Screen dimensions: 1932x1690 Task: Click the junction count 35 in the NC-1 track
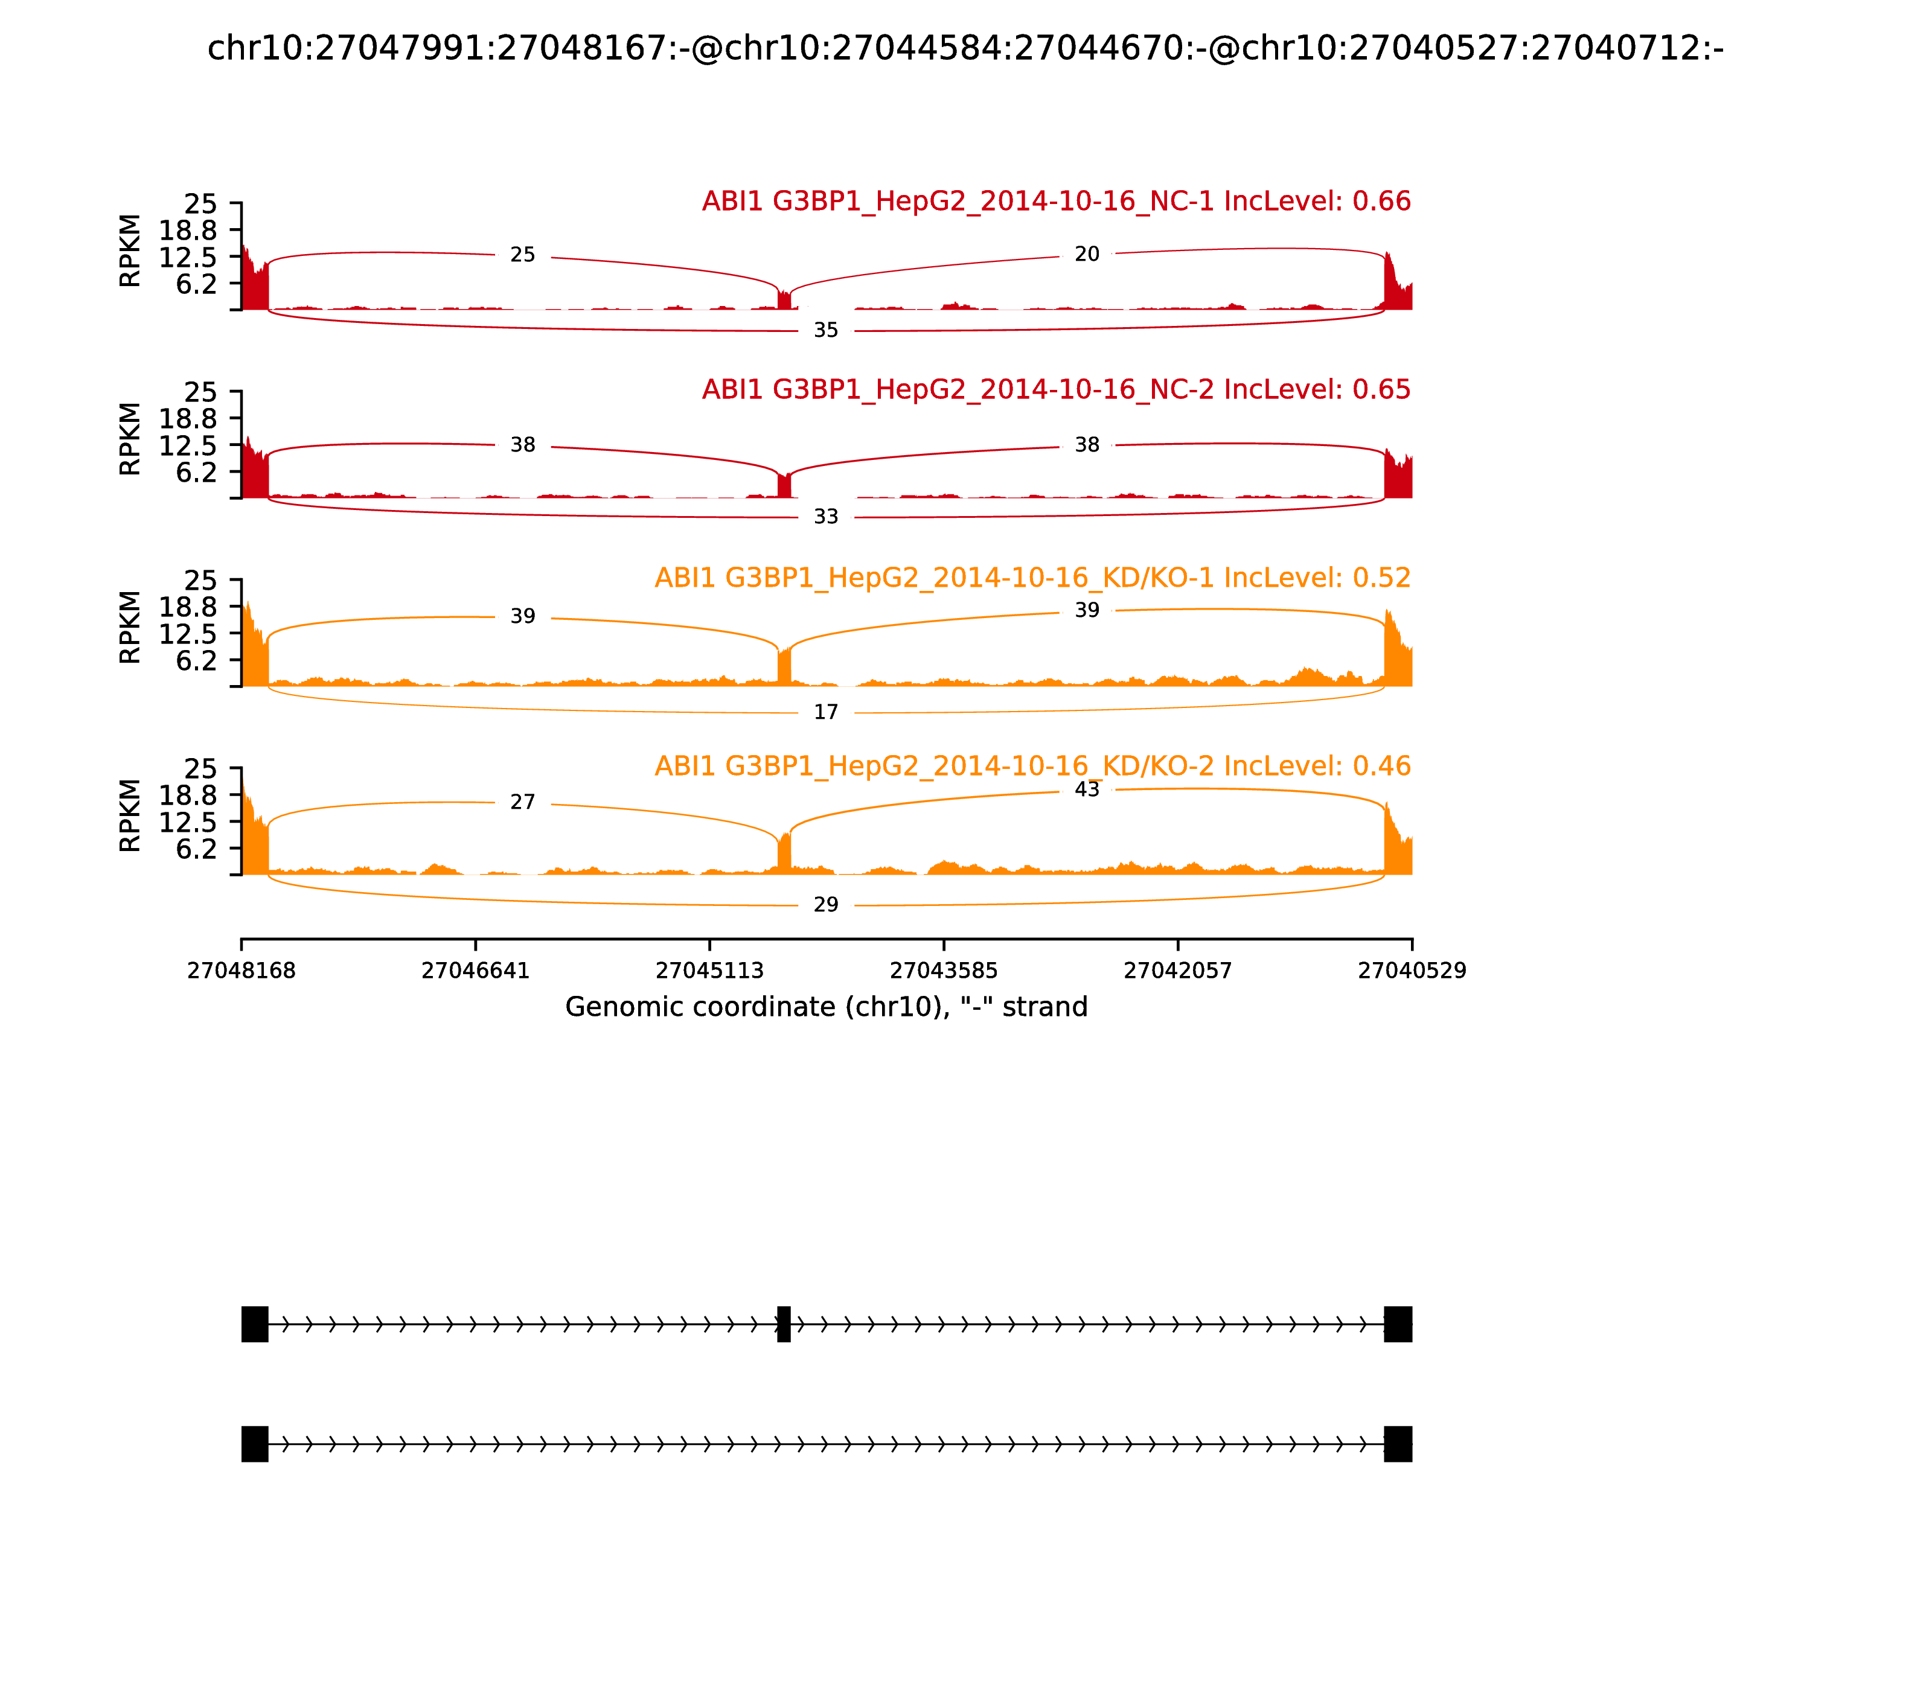(x=825, y=330)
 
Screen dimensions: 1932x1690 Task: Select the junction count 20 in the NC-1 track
(x=1087, y=253)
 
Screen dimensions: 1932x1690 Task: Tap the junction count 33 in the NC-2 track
(x=825, y=517)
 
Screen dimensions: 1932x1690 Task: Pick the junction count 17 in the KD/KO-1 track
(x=825, y=712)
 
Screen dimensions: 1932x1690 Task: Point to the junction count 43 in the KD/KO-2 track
(x=1087, y=789)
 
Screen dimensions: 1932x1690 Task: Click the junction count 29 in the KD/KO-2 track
(x=825, y=904)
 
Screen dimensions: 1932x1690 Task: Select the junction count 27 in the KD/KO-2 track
(x=523, y=802)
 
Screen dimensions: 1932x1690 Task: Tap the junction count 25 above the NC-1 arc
(x=523, y=255)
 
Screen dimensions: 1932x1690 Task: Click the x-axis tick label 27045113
(x=709, y=971)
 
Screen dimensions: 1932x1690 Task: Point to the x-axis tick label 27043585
(x=943, y=971)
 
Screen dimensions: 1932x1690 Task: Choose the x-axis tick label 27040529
(x=1412, y=971)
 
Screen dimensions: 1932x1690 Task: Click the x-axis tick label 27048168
(x=241, y=971)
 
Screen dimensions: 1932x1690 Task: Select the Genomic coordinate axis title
(x=827, y=1007)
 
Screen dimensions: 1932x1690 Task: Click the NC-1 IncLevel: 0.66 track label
(x=1055, y=201)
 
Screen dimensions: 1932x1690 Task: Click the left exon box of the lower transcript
(x=255, y=1444)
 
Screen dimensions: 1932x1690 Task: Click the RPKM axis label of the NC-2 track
(x=130, y=439)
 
